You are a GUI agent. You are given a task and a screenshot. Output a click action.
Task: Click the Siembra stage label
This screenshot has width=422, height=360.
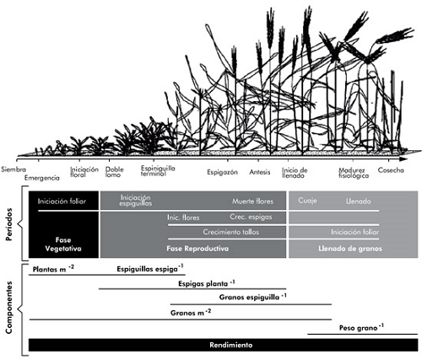[14, 169]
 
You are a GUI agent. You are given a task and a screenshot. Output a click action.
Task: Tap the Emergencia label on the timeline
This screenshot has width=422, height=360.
[42, 178]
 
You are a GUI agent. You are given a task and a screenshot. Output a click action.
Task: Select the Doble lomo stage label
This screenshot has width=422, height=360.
[114, 172]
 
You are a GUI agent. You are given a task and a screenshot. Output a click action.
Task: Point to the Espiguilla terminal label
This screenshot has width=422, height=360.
[158, 170]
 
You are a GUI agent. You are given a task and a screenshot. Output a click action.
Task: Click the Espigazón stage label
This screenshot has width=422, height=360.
[222, 172]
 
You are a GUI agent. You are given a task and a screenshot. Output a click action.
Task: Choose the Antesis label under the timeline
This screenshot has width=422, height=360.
[260, 172]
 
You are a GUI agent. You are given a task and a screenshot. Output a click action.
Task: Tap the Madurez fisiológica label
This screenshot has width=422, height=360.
[354, 173]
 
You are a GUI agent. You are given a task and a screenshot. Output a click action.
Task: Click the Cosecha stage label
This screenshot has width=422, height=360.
[391, 170]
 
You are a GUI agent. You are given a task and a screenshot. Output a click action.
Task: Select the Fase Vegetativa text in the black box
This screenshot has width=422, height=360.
[63, 244]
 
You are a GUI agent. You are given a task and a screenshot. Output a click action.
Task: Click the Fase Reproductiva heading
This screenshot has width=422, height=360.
[197, 249]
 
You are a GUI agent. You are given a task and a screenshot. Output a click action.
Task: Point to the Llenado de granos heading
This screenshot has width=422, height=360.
[350, 249]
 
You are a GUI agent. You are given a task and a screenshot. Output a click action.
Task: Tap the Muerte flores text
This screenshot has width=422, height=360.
[252, 201]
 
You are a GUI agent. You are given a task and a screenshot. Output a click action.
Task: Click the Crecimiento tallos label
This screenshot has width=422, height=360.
[231, 232]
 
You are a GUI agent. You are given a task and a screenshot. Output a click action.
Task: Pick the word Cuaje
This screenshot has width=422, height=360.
[307, 201]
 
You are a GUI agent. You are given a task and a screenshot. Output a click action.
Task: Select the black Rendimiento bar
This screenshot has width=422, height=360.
[224, 345]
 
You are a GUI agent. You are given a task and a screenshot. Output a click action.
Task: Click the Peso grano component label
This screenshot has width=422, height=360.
[361, 328]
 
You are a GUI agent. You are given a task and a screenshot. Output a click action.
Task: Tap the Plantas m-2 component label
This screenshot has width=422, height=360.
[53, 269]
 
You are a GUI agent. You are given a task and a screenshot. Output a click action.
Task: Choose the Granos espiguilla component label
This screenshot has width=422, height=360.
[252, 297]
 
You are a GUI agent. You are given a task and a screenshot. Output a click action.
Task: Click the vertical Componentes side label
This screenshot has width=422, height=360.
[9, 308]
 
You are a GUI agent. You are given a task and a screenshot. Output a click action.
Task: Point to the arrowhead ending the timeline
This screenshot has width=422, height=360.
[404, 159]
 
